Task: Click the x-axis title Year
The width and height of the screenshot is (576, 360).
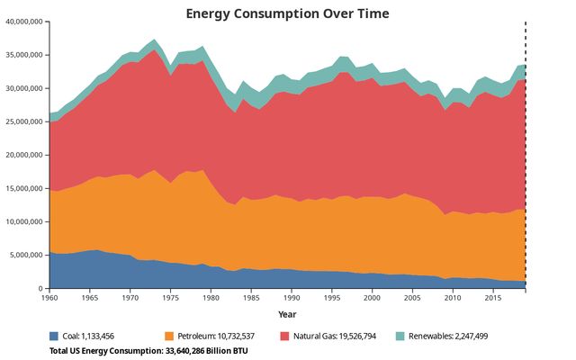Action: pos(287,314)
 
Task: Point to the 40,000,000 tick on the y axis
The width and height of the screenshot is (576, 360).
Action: pos(24,22)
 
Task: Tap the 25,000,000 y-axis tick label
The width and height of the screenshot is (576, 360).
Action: pos(24,121)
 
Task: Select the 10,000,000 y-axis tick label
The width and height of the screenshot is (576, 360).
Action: pos(24,221)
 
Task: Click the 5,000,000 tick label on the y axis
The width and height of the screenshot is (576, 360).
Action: pos(27,255)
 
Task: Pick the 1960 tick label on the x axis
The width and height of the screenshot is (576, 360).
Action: pos(49,297)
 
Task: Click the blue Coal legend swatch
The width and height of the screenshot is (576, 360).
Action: pos(55,336)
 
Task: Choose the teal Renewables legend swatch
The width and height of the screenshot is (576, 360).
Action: pos(400,336)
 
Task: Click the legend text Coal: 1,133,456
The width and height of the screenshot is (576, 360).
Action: pos(94,336)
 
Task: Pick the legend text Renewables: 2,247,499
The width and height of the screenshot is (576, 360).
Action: pos(448,336)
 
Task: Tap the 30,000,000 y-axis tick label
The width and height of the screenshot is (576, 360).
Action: pos(24,88)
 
